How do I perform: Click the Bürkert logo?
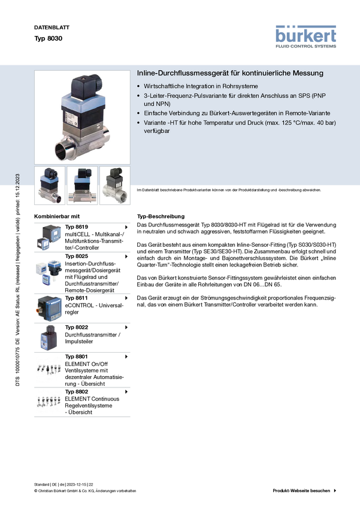tap(305, 37)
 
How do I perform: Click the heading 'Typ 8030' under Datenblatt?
tap(49, 38)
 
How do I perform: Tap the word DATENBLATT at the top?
tap(52, 28)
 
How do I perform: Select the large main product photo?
tap(82, 117)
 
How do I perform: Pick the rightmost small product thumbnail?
tap(115, 186)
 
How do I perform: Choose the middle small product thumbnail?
tap(82, 186)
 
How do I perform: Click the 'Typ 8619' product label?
tap(76, 227)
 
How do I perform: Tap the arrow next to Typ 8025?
tap(126, 256)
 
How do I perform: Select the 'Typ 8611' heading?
tap(76, 298)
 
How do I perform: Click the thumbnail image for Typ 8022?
tap(49, 337)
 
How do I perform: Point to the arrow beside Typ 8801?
tap(126, 357)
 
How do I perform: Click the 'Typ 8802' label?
tap(76, 392)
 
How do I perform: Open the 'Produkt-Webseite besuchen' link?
tap(301, 491)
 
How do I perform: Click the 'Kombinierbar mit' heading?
tap(57, 217)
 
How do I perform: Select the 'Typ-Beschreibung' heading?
tap(161, 217)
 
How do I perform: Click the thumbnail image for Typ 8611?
tap(49, 308)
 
